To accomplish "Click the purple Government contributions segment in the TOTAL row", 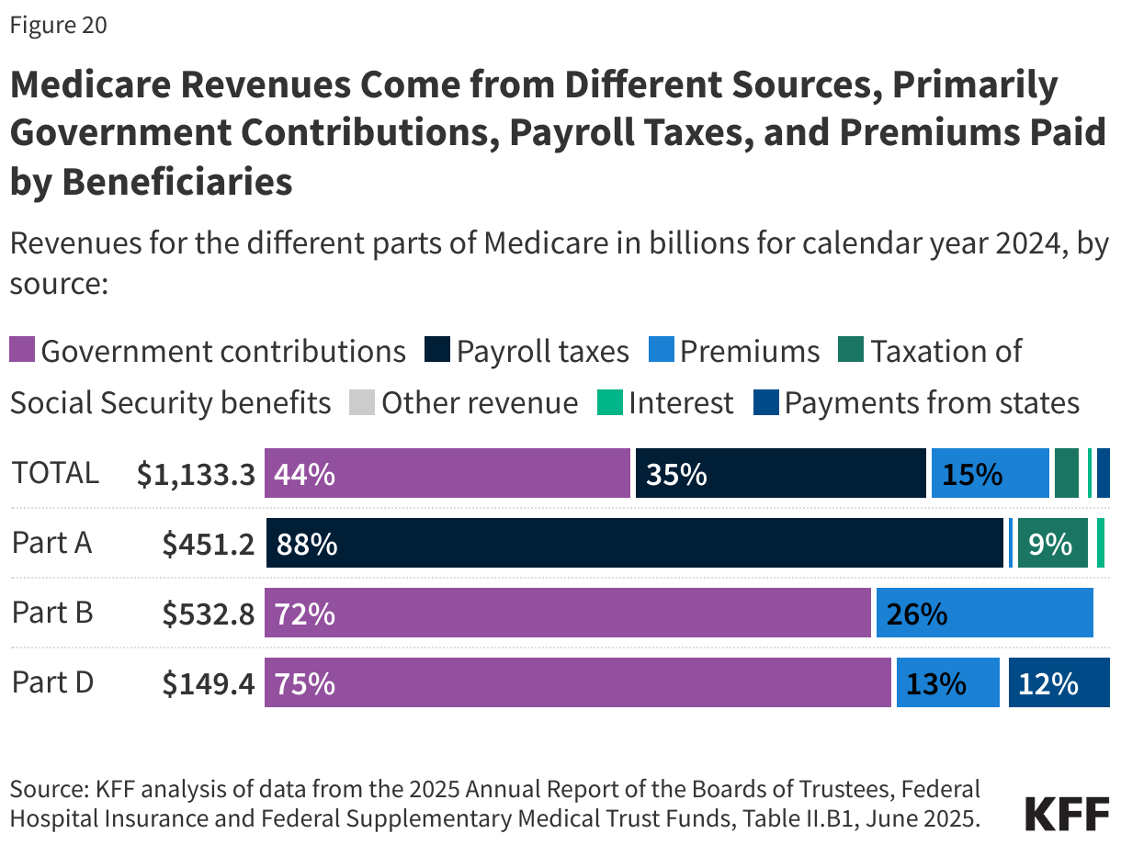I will click(x=447, y=474).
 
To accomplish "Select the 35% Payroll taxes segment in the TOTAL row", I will click(x=780, y=474).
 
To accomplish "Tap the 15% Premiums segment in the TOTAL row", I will click(x=990, y=474).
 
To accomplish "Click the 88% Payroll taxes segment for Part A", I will click(x=635, y=544).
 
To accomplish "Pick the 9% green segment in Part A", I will click(x=1052, y=544).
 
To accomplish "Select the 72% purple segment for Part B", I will click(x=567, y=614).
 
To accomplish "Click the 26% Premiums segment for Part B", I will click(x=984, y=614).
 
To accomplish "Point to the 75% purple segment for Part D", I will click(x=577, y=683).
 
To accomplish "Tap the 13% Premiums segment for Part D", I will click(x=947, y=683).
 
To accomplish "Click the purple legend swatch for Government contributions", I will click(x=22, y=351).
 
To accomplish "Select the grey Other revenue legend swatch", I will click(x=362, y=403).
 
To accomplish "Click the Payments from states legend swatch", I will click(x=765, y=403).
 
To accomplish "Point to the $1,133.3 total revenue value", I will click(x=195, y=474).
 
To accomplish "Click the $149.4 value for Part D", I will click(x=208, y=683).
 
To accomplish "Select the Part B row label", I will click(x=52, y=613).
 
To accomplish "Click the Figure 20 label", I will click(x=59, y=26).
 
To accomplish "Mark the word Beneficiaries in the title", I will click(x=176, y=181).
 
